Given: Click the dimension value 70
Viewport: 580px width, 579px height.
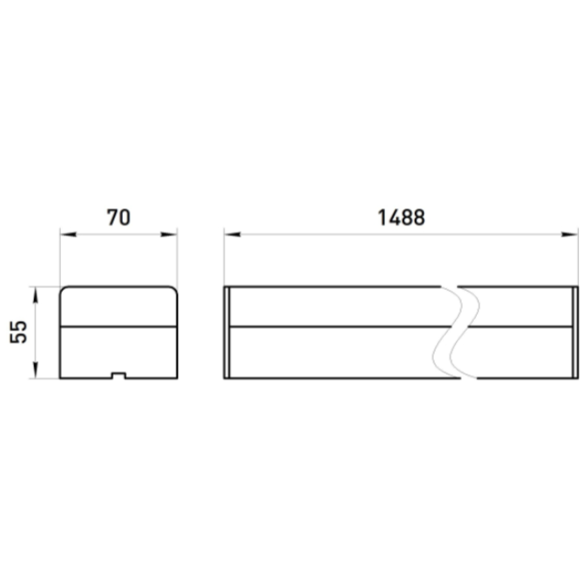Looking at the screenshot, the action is (118, 218).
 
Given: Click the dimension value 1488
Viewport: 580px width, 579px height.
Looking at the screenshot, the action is (402, 218).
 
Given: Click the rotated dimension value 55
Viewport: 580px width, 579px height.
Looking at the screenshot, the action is (19, 332).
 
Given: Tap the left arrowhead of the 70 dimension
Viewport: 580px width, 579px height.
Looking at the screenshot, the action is (69, 235).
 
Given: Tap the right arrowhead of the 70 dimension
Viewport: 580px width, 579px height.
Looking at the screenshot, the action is (169, 235).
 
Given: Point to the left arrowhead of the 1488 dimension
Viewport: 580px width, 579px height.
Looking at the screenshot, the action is (233, 235).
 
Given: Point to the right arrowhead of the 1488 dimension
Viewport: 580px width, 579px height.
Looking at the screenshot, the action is (570, 235).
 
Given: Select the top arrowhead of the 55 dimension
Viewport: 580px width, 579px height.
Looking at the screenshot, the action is (36, 295).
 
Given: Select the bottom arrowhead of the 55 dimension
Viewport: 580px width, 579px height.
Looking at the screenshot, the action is (36, 370).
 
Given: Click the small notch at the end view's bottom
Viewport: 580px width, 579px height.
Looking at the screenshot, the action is (119, 375).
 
